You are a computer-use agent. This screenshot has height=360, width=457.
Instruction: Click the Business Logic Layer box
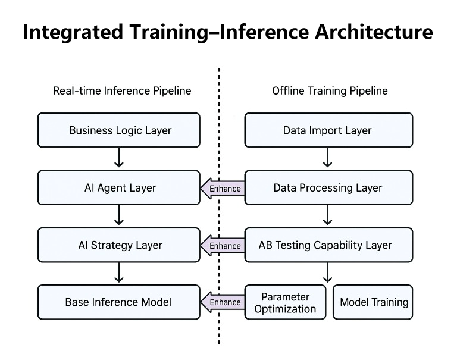(x=119, y=130)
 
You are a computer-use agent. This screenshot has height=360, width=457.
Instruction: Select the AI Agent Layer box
(x=119, y=188)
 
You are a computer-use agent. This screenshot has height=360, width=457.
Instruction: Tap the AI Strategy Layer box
(x=119, y=245)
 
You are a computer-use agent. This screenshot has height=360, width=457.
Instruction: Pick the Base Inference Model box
(x=119, y=302)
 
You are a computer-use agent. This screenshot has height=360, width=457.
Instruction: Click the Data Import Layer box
(x=328, y=130)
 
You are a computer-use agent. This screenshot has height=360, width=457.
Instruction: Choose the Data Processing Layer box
(x=328, y=188)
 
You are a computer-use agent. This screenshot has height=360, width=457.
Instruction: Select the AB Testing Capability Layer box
(x=328, y=245)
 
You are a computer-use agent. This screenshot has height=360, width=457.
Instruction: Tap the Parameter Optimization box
(x=286, y=302)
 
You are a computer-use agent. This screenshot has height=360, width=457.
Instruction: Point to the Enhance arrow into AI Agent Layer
(x=223, y=189)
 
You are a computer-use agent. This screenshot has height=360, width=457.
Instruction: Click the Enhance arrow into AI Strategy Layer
(x=223, y=246)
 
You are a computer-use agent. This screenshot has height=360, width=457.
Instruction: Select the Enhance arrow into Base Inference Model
(x=223, y=302)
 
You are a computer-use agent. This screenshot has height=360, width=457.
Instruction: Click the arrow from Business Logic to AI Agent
(x=119, y=158)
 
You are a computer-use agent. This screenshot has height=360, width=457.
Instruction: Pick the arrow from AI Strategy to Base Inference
(x=119, y=273)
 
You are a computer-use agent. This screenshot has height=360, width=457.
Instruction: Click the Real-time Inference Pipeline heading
(x=122, y=91)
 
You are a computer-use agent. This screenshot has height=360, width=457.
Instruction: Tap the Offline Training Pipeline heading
(x=330, y=91)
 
